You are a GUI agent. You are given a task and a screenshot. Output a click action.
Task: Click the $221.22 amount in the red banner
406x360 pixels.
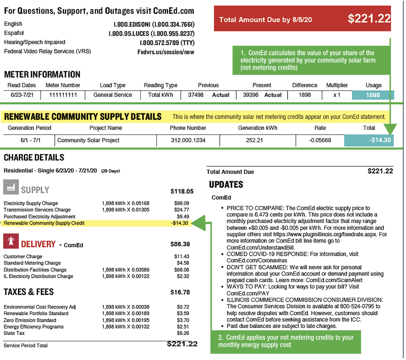(369, 19)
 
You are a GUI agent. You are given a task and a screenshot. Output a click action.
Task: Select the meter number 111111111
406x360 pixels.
(63, 95)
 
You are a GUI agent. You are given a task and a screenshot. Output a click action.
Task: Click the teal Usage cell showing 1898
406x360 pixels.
(373, 95)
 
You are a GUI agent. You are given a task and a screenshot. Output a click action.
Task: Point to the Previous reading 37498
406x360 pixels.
(196, 95)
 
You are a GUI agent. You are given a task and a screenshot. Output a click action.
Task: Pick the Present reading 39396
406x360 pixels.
(251, 95)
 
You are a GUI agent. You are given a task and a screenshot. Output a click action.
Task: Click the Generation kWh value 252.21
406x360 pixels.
(254, 140)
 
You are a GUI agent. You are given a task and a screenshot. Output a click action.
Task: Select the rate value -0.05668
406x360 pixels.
(320, 140)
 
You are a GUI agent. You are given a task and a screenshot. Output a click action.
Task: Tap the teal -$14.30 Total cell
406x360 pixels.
(368, 140)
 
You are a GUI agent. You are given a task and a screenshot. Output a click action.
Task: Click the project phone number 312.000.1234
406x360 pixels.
(188, 140)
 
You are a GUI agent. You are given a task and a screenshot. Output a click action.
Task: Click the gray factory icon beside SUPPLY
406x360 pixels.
(10, 187)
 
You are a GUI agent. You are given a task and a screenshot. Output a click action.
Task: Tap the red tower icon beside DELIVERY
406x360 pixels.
(10, 241)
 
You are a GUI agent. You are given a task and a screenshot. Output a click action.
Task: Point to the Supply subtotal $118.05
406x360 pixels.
(182, 191)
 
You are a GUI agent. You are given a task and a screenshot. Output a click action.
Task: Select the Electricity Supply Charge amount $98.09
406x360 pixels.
(182, 203)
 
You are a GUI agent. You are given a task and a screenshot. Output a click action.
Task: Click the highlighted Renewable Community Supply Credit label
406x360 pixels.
(44, 223)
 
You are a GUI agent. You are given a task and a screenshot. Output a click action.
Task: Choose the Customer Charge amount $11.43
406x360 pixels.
(182, 257)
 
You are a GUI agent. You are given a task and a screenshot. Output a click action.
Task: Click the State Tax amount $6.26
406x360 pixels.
(183, 333)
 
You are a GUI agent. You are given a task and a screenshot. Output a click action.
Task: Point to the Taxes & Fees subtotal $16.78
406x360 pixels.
(180, 293)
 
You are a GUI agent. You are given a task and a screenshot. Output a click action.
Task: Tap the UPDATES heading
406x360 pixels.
(226, 185)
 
